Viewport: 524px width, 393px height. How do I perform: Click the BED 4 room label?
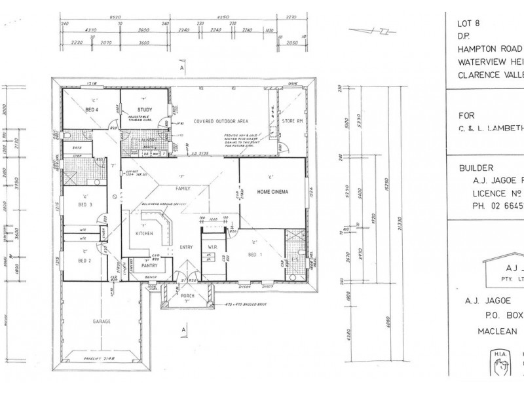pos(91,109)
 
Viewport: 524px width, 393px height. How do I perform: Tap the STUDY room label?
pos(145,109)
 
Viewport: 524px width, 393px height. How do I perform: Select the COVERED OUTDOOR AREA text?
pos(220,121)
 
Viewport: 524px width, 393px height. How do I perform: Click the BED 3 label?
pos(85,204)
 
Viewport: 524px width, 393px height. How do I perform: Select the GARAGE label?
pos(101,322)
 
